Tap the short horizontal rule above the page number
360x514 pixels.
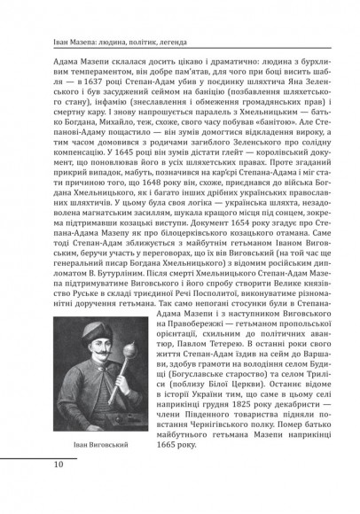pyautogui.click(x=44, y=477)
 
